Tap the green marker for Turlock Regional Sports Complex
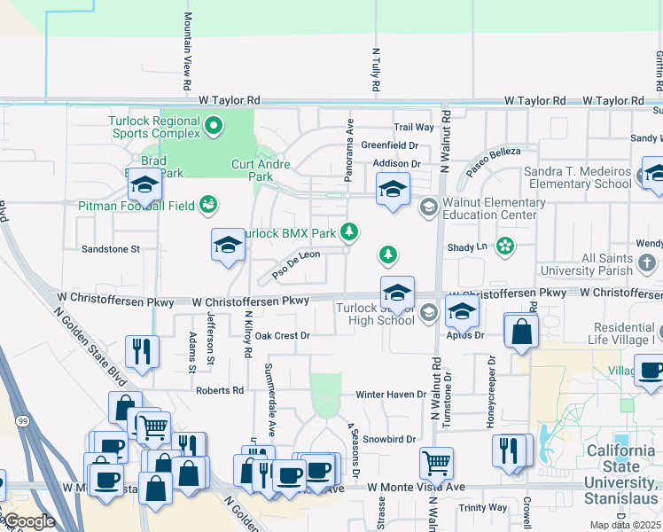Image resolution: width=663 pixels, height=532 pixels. (213, 127)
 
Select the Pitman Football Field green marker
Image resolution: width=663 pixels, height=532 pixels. (208, 206)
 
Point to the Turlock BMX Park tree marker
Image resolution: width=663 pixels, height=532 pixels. (351, 232)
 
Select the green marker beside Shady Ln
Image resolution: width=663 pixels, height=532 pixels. (505, 246)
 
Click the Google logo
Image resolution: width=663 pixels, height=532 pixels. (29, 521)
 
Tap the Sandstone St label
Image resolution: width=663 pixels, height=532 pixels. (111, 249)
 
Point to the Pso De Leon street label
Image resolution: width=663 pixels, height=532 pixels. (296, 263)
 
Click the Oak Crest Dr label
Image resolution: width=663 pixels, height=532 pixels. (282, 336)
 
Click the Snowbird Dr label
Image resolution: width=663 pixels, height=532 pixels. (388, 439)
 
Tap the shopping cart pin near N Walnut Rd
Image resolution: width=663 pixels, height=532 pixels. (436, 462)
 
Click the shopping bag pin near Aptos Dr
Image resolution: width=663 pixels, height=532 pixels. (521, 332)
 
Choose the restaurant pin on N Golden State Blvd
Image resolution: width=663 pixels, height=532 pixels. (142, 352)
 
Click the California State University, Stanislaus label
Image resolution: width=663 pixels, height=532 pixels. (621, 467)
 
